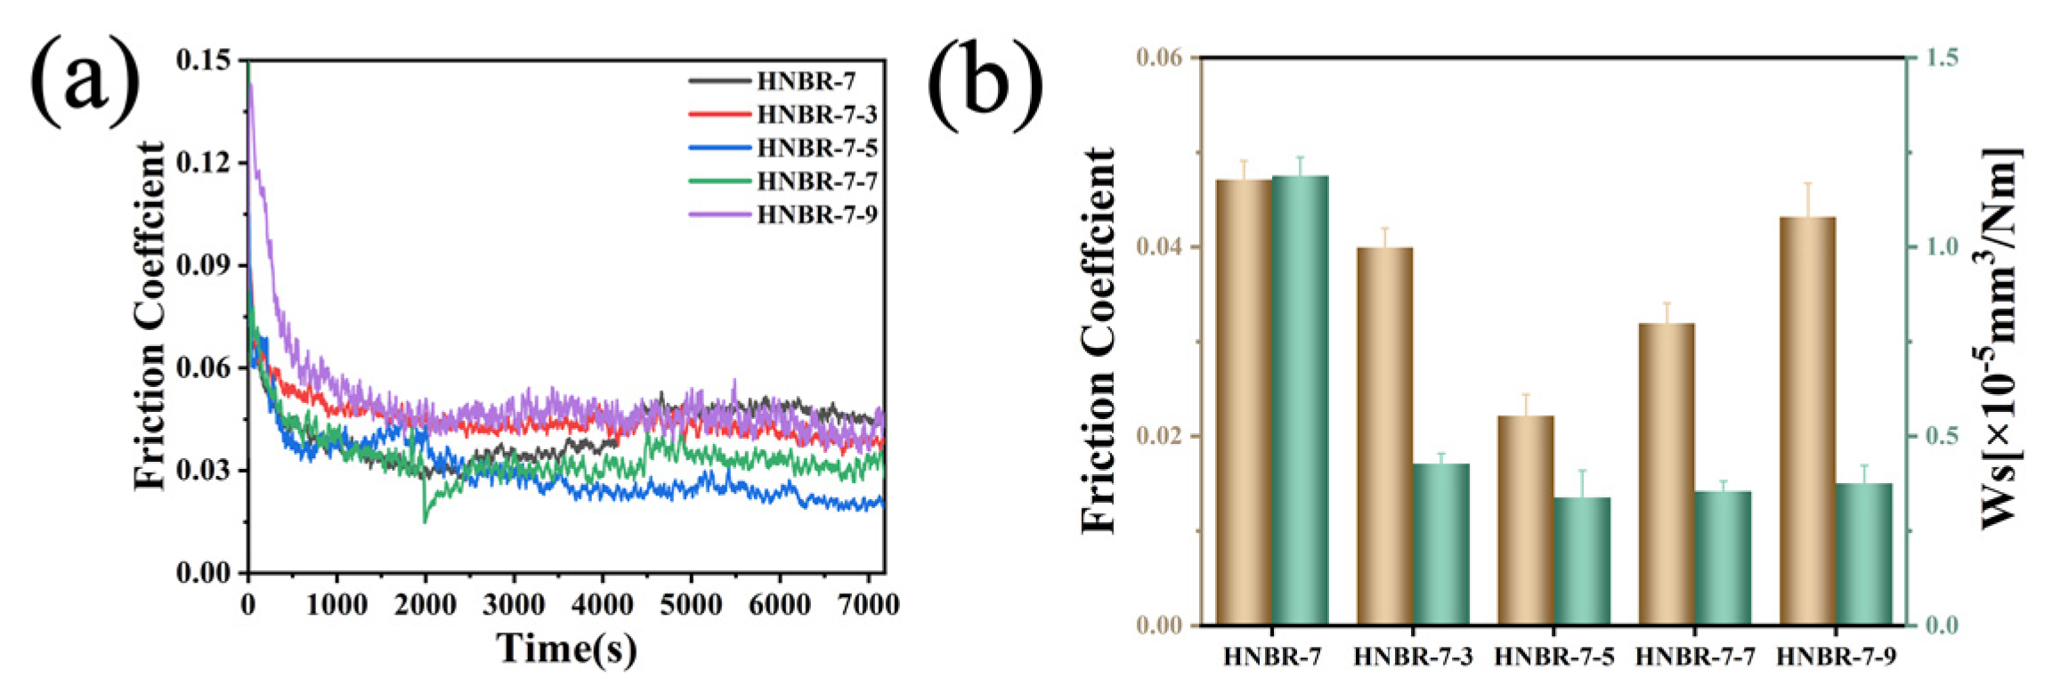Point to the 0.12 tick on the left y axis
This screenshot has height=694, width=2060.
[204, 163]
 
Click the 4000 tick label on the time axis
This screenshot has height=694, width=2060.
[602, 605]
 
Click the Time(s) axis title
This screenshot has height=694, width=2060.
[567, 649]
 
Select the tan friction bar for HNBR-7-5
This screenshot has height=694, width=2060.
[1525, 520]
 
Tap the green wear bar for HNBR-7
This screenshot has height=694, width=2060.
[1300, 400]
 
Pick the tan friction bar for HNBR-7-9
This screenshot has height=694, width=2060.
[1807, 421]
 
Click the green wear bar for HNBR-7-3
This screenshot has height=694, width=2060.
[1440, 544]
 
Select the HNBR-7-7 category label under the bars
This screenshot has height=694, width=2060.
[1695, 657]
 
